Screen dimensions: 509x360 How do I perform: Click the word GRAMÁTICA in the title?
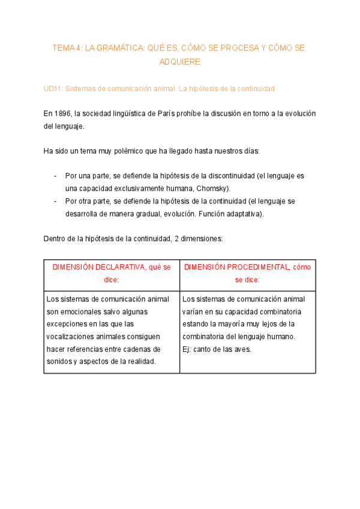tap(119, 47)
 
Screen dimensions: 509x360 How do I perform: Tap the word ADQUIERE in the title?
tap(180, 62)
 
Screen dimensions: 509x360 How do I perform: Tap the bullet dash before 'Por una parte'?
tap(55, 176)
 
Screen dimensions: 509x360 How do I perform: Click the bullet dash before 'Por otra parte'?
tap(55, 201)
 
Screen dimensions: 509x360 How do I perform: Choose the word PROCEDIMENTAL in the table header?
tap(246, 267)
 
